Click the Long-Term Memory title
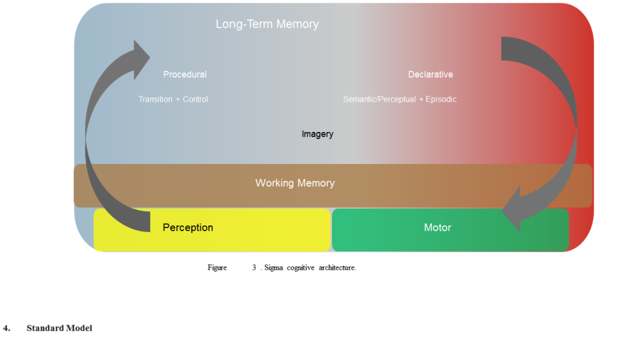point(267,24)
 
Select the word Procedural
point(185,74)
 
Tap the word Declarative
point(431,74)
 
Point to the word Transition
point(155,99)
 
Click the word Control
point(196,99)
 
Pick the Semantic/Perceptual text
point(379,99)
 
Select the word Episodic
point(441,99)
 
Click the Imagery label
point(318,134)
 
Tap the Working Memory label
point(295,183)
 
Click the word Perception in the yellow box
point(188,227)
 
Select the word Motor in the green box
point(437,227)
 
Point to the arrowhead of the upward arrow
point(142,59)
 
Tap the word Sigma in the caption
point(274,268)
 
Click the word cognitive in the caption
point(301,268)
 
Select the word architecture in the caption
point(337,268)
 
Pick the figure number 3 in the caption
point(254,268)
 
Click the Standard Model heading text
point(59,328)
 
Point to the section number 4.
point(6,328)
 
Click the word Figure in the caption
point(217,268)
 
